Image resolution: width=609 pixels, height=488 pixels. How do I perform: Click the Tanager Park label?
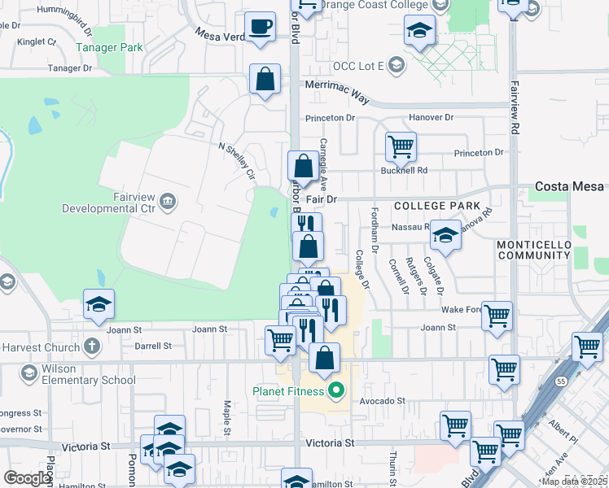(x=109, y=47)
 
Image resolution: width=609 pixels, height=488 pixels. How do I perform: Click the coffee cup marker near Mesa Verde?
(x=261, y=28)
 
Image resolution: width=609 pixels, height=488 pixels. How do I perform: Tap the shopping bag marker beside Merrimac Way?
(x=265, y=80)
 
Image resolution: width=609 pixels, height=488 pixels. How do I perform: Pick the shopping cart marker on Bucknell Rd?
(x=401, y=147)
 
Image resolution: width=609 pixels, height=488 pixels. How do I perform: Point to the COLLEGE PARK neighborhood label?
(x=438, y=207)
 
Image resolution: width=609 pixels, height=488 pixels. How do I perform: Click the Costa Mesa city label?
(x=570, y=186)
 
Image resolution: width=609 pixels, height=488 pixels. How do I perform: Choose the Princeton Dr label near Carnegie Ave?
(x=331, y=118)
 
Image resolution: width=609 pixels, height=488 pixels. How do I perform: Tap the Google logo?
(x=28, y=478)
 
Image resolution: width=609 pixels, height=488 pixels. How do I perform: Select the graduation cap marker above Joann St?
(x=99, y=305)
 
